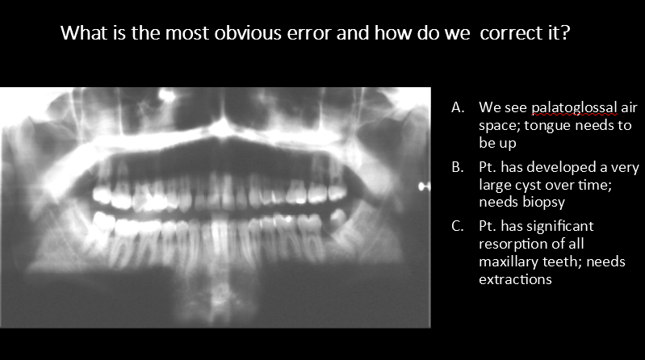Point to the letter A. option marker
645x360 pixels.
point(458,107)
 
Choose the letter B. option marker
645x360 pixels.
point(458,168)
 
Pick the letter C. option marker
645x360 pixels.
point(458,226)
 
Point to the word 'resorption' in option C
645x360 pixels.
point(510,244)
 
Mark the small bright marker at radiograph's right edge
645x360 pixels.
point(421,186)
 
